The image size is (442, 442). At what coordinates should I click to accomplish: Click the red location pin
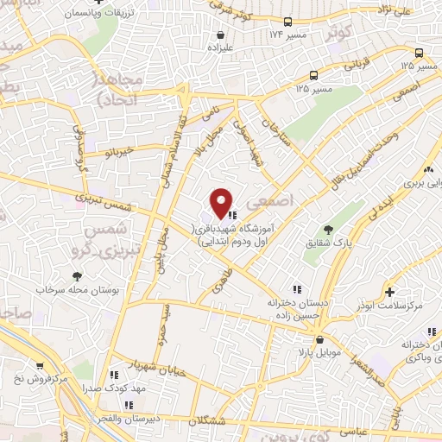(x=222, y=203)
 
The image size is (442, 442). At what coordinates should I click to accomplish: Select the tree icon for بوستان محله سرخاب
(x=77, y=275)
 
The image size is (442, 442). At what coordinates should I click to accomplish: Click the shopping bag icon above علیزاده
(x=223, y=35)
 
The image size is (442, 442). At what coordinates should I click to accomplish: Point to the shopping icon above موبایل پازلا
(x=319, y=339)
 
